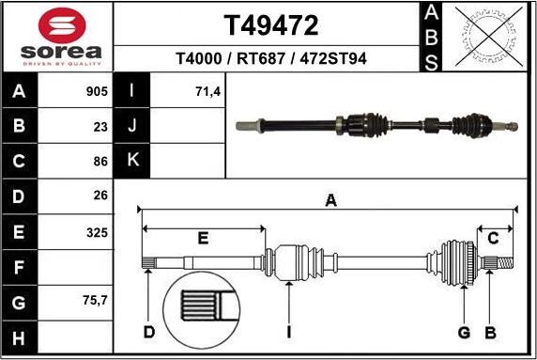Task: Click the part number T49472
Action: [270, 24]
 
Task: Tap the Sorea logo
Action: [57, 37]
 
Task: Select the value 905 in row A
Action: [96, 92]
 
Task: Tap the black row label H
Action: [20, 337]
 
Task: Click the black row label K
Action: [132, 161]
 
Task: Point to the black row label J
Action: [132, 125]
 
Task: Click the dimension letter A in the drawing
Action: [330, 199]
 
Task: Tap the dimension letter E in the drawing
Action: [202, 238]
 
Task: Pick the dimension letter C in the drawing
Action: [492, 238]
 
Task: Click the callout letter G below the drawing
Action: [463, 332]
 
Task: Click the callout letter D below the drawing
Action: [148, 332]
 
